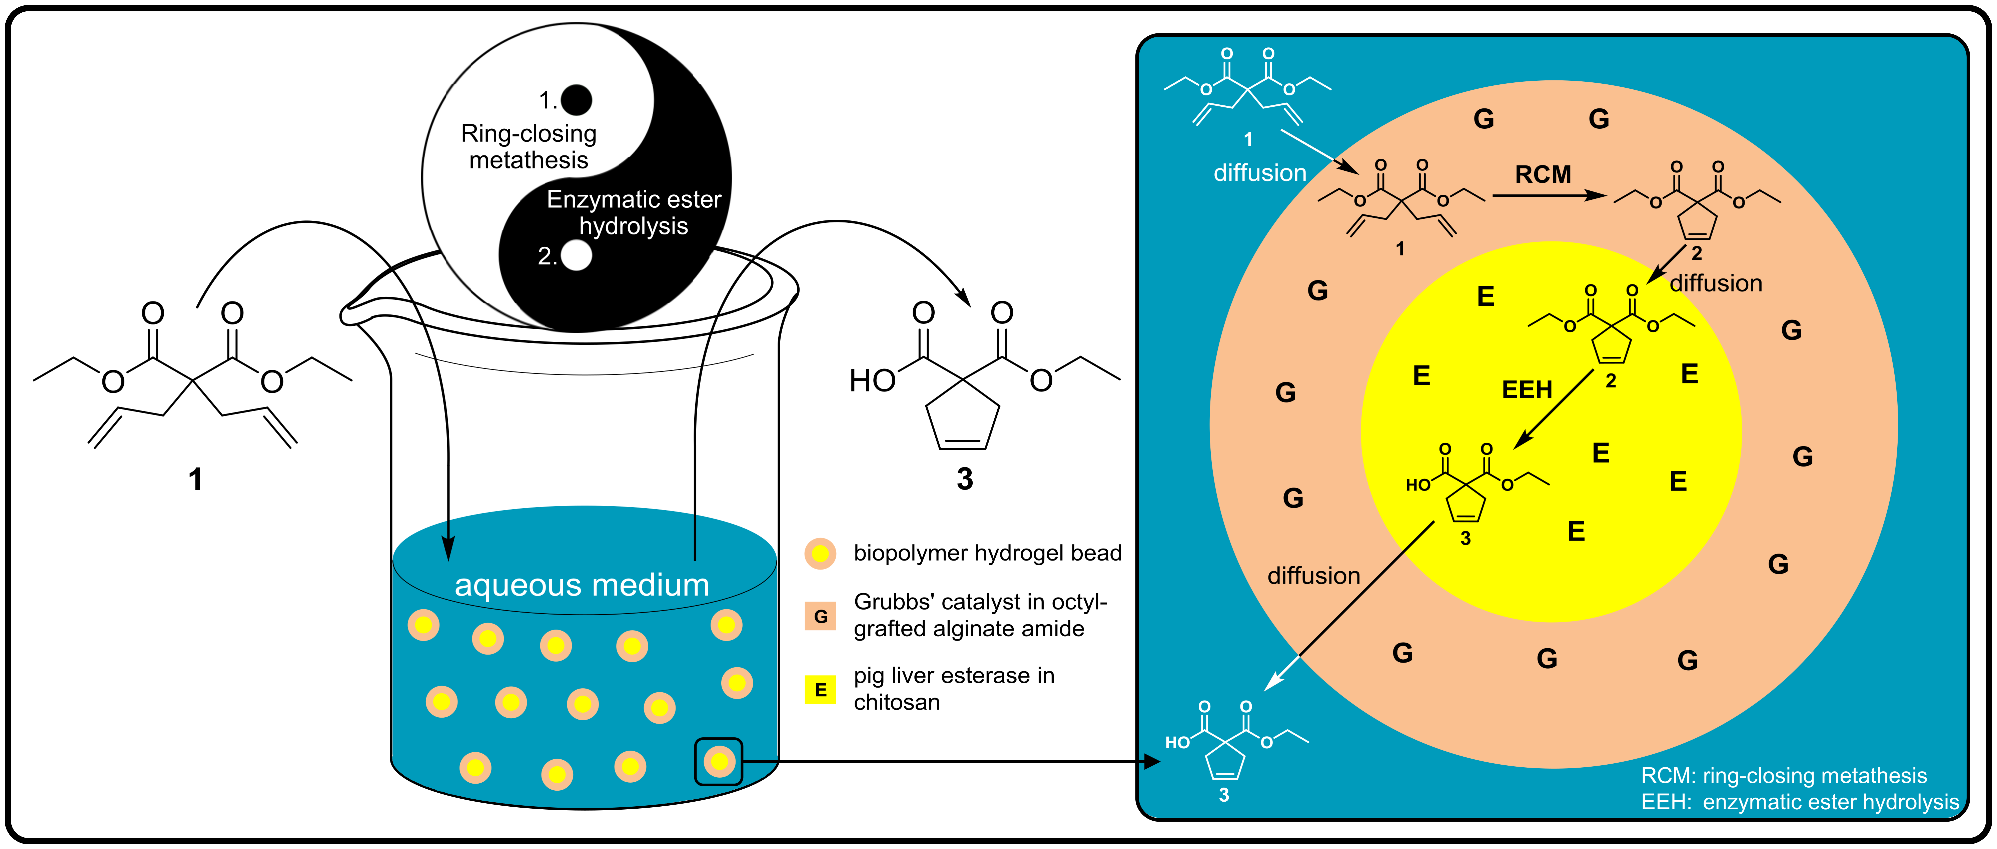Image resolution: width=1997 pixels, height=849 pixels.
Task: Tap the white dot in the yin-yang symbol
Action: tap(576, 255)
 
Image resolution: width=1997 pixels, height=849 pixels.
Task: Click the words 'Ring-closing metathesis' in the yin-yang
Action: tap(529, 146)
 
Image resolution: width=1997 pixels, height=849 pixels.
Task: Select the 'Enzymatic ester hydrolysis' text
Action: tap(633, 212)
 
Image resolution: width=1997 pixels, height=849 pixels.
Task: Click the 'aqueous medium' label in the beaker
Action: tap(582, 585)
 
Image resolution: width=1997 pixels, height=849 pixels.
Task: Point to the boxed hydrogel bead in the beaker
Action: tap(719, 761)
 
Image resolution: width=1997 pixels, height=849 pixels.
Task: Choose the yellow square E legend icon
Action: tap(820, 689)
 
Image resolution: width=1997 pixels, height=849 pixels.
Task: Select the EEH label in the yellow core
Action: tap(1527, 389)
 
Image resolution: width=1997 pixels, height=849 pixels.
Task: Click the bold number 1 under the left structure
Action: tap(195, 479)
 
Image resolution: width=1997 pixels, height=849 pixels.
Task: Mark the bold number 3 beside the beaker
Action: tap(964, 479)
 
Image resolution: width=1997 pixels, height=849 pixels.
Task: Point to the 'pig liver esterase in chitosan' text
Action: tap(954, 689)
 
